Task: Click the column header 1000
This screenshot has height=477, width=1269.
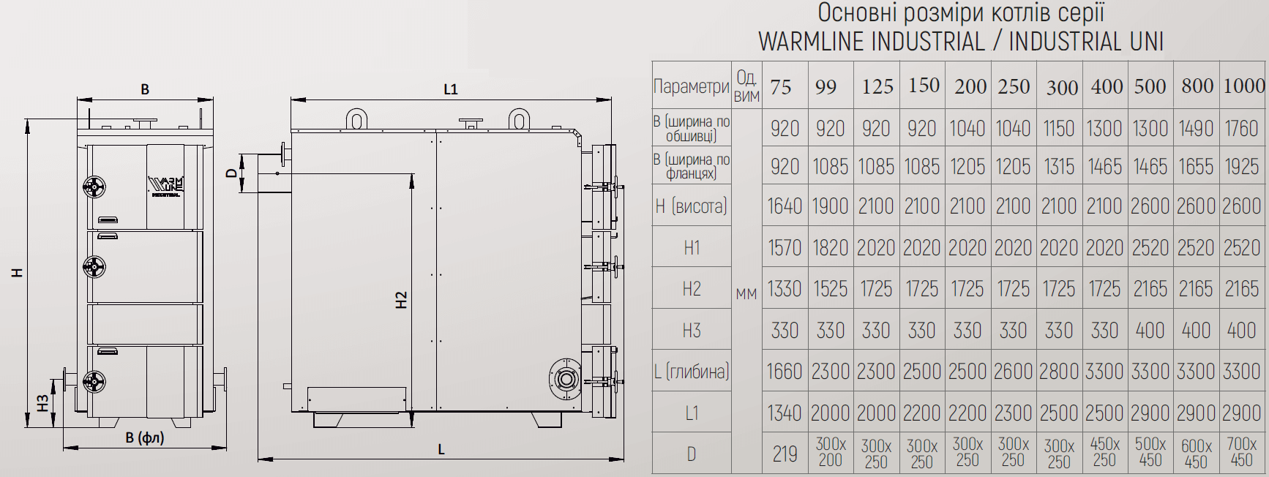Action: tap(1243, 86)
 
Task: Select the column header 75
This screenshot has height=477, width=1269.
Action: tap(781, 87)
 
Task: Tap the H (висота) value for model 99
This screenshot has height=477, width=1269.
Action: tap(830, 206)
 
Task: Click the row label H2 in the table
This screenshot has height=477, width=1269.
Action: tap(691, 289)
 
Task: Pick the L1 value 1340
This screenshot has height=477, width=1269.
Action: tap(785, 413)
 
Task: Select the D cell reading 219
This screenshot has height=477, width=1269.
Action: tap(785, 454)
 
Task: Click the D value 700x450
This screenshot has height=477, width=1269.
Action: tap(1241, 452)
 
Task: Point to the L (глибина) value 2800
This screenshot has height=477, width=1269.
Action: tap(1058, 372)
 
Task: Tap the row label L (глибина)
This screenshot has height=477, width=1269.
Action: tap(691, 372)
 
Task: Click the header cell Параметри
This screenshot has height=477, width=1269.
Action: tap(691, 87)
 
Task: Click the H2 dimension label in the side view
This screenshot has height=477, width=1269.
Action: tap(401, 300)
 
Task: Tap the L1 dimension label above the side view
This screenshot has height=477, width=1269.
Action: tap(451, 89)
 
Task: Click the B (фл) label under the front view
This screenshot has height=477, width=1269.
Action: tap(145, 438)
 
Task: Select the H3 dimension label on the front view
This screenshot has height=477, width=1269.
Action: tap(42, 402)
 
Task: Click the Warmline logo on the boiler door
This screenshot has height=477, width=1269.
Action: tap(166, 186)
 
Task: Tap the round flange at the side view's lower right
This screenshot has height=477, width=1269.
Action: tap(565, 378)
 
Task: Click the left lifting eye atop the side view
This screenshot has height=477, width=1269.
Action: tap(356, 119)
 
